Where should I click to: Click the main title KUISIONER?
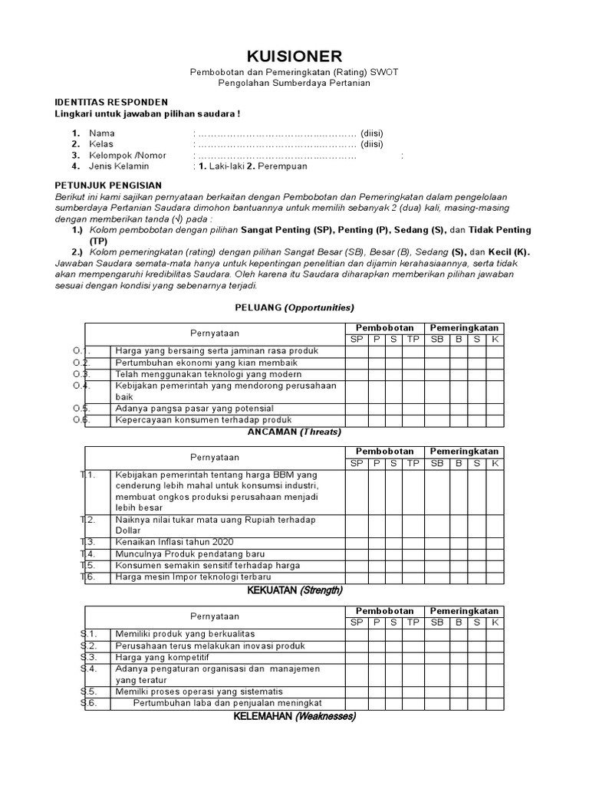pyautogui.click(x=294, y=56)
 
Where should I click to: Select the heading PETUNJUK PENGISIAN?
pyautogui.click(x=108, y=185)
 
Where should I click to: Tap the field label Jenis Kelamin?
pyautogui.click(x=119, y=166)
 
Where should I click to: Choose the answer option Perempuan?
pyautogui.click(x=281, y=166)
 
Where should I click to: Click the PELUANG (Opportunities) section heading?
pyautogui.click(x=294, y=307)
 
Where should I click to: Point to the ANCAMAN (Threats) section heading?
pyautogui.click(x=294, y=432)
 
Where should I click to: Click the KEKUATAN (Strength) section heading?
pyautogui.click(x=294, y=590)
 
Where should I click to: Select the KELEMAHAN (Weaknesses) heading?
pyautogui.click(x=294, y=717)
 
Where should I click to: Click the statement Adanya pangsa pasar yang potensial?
pyautogui.click(x=194, y=409)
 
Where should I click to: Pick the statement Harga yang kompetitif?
pyautogui.click(x=162, y=657)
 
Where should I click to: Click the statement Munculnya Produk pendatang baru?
pyautogui.click(x=183, y=553)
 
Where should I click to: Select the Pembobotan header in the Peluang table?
pyautogui.click(x=384, y=327)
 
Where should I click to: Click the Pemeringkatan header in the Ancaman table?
pyautogui.click(x=464, y=452)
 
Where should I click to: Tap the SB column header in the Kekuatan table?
pyautogui.click(x=437, y=622)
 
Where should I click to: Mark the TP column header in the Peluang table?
pyautogui.click(x=413, y=339)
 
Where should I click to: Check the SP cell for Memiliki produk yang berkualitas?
pyautogui.click(x=357, y=634)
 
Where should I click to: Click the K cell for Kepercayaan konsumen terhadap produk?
pyautogui.click(x=495, y=420)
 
